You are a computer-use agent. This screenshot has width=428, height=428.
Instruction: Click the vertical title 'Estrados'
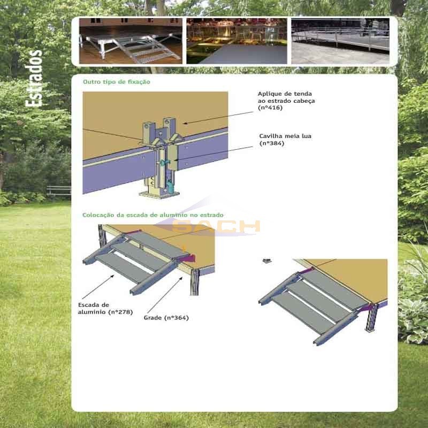tap(34, 78)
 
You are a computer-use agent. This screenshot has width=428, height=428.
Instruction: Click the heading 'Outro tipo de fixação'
tap(117, 82)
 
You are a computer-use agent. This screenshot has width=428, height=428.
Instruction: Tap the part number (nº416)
tap(270, 108)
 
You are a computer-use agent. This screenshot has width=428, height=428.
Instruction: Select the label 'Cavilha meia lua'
tap(285, 136)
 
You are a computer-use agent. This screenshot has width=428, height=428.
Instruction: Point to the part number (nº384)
tap(272, 143)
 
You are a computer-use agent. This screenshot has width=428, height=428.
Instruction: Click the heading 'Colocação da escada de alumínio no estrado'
tap(153, 215)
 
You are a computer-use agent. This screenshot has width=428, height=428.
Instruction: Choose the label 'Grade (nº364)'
tap(166, 318)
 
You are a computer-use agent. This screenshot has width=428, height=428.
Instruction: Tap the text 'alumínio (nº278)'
tap(105, 312)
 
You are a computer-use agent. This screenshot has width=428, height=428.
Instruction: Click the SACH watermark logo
tap(216, 226)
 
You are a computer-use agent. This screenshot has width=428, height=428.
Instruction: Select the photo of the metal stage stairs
tap(131, 41)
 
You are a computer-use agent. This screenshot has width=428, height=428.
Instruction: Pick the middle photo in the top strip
tap(236, 41)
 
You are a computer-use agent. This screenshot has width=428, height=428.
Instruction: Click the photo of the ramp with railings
tap(340, 41)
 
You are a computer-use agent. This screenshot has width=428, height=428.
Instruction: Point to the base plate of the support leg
tap(159, 195)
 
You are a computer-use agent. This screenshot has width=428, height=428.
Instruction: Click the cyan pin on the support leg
tap(164, 163)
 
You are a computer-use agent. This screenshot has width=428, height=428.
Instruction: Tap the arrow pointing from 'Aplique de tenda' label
tap(218, 118)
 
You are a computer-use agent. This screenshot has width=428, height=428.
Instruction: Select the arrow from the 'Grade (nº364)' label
tap(165, 295)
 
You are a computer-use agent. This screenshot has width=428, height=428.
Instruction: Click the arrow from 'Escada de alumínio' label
tap(98, 287)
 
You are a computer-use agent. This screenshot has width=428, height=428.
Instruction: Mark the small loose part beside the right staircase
tap(267, 261)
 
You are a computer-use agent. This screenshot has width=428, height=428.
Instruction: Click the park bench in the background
tap(59, 190)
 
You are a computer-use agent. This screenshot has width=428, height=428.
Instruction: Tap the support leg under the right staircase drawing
tap(372, 317)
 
